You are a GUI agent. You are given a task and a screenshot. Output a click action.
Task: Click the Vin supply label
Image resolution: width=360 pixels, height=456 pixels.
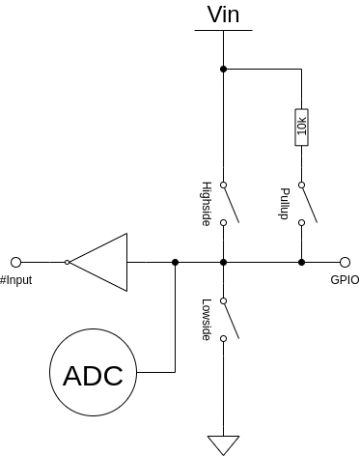(x=223, y=14)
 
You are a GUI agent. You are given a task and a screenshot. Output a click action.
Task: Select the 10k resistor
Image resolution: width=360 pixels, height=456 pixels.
(x=301, y=128)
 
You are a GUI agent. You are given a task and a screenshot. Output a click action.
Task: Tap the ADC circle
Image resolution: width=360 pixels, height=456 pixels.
(x=93, y=372)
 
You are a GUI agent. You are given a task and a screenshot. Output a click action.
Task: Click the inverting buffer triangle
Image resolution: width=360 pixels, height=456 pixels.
(x=98, y=262)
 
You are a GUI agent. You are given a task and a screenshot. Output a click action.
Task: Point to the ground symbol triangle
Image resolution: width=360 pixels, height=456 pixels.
(x=223, y=445)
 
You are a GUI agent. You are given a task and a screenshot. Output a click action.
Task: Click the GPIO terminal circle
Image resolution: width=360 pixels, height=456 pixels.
(x=345, y=263)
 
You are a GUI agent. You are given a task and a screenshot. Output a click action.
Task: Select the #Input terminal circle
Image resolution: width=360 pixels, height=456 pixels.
(x=15, y=263)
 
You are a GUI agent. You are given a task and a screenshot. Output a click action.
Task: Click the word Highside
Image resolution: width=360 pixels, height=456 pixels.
(x=207, y=204)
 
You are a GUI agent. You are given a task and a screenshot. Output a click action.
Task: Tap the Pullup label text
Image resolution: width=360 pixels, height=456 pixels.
(x=284, y=204)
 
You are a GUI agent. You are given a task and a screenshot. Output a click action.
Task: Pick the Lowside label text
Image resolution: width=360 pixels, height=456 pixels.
(x=207, y=320)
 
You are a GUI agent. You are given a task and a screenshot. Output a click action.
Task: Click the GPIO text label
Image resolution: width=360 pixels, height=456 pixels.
(x=345, y=280)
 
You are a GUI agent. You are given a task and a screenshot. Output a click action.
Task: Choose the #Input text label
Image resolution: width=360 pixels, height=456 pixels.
(x=15, y=280)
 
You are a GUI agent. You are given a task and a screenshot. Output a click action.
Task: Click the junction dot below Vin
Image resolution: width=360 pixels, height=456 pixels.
(x=223, y=69)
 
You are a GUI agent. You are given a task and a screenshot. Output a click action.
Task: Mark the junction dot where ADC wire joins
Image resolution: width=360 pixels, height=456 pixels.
(x=175, y=263)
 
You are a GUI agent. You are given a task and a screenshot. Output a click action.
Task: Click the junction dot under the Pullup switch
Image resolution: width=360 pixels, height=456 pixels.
(x=301, y=263)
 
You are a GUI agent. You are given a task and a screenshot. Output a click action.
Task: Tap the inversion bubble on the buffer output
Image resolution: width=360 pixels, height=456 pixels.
(x=67, y=263)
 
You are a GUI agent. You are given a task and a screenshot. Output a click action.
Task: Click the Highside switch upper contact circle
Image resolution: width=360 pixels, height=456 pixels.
(x=223, y=185)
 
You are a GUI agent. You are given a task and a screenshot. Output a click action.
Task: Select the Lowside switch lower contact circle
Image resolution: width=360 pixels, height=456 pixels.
(x=223, y=338)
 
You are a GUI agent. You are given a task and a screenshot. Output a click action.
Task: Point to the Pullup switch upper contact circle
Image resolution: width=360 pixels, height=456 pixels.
(x=301, y=185)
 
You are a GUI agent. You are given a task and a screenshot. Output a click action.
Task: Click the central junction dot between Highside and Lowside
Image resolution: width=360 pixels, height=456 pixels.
(x=223, y=263)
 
